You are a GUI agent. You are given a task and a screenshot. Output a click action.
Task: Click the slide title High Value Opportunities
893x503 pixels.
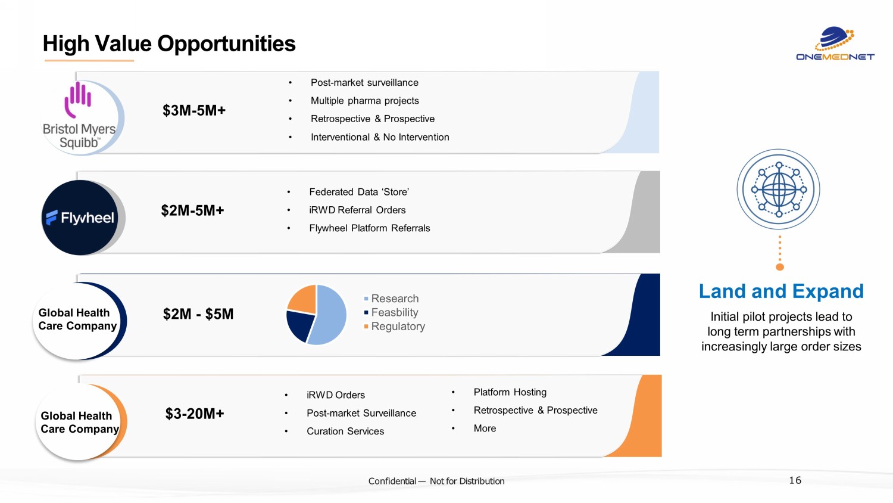click(169, 44)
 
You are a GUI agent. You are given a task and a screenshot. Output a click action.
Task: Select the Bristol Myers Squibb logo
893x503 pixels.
click(80, 118)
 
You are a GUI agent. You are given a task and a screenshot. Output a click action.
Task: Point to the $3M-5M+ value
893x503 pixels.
click(194, 110)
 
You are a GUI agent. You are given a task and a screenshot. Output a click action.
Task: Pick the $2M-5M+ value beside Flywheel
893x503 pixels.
click(192, 210)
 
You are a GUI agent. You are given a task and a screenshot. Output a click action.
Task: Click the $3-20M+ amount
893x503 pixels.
click(195, 414)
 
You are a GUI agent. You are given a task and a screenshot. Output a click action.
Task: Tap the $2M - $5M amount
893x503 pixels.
click(198, 314)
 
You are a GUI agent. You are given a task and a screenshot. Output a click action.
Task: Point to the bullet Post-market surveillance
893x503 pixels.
click(364, 83)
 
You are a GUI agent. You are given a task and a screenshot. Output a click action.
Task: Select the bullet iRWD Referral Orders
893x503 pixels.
click(357, 210)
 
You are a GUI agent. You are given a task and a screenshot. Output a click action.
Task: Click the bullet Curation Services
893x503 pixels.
click(345, 431)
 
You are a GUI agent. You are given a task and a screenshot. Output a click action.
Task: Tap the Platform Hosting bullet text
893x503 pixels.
click(510, 392)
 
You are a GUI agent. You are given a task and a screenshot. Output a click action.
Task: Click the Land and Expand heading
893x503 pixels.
click(781, 291)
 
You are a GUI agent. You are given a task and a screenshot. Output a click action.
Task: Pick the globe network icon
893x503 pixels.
click(779, 190)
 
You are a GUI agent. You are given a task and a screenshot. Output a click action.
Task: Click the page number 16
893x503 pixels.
click(795, 480)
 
